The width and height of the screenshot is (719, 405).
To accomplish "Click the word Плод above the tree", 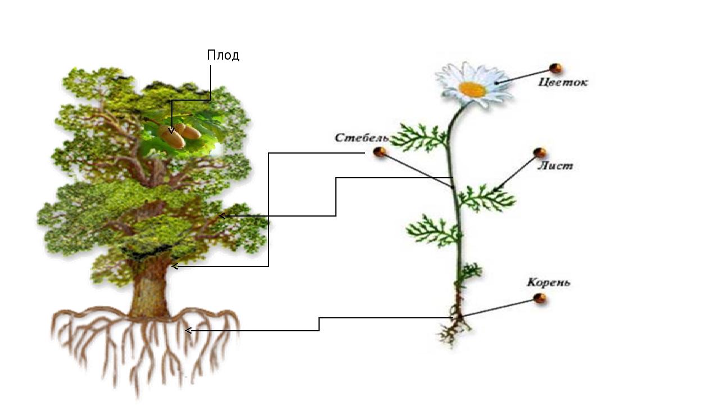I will (223, 55).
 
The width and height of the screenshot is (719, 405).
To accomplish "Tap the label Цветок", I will (562, 82).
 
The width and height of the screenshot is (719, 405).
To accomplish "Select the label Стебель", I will (361, 138).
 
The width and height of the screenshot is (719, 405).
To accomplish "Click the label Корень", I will (548, 282).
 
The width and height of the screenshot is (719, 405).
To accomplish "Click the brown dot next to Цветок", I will (556, 68).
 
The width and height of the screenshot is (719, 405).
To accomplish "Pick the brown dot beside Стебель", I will (380, 152).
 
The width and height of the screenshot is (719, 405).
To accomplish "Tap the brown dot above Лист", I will (540, 152).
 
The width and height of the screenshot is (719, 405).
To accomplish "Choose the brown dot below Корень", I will (540, 299).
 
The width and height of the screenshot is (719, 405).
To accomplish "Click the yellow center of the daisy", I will (472, 89).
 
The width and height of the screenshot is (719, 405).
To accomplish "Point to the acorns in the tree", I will (179, 136).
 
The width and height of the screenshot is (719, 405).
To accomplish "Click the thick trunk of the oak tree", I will (150, 292).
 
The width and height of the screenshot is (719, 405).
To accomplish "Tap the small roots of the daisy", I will (453, 332).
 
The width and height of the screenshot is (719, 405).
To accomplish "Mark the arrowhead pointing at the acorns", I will (171, 130).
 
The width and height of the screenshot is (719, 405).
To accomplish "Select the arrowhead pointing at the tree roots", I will (189, 331).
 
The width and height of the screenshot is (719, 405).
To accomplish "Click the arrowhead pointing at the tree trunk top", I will (175, 266).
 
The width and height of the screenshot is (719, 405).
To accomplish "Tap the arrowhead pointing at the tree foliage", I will (222, 215).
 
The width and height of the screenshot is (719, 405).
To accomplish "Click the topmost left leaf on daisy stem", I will (420, 138).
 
